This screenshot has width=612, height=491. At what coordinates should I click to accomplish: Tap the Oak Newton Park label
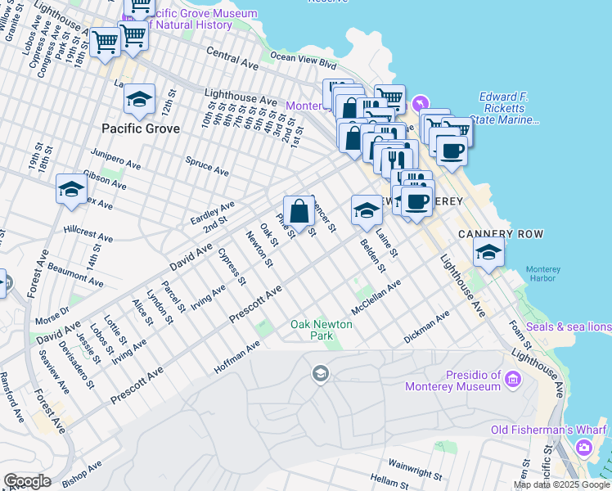322,330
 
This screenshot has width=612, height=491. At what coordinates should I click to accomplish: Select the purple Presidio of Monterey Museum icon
513,379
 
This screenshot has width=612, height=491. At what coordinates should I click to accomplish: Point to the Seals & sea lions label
569,327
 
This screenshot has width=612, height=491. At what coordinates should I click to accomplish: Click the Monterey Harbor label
543,274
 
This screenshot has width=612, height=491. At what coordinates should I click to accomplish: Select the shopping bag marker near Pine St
299,211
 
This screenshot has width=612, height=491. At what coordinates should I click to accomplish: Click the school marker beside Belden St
366,210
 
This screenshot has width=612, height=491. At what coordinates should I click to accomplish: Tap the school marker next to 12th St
140,100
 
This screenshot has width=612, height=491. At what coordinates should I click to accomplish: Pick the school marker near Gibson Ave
71,189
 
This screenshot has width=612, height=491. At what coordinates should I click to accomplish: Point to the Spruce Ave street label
207,166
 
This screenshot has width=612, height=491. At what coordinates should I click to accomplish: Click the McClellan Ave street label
376,298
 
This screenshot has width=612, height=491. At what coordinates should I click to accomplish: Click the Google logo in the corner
27,481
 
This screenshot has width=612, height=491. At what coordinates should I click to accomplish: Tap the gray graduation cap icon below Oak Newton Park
320,375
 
